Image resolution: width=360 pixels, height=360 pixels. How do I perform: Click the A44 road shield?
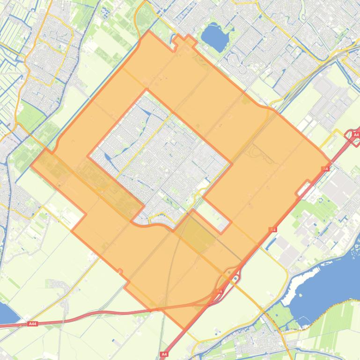32,324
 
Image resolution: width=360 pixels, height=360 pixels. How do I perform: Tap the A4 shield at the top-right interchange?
356,135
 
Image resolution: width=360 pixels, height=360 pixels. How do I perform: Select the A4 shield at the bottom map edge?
164,354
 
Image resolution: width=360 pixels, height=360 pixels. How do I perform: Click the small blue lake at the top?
213,36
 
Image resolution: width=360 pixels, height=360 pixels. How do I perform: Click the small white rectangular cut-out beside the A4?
303,188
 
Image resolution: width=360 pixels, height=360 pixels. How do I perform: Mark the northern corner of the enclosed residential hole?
147,89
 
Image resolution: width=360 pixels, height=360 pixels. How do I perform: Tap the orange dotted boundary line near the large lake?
328,306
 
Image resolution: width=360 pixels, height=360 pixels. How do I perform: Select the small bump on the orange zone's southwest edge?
120,271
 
